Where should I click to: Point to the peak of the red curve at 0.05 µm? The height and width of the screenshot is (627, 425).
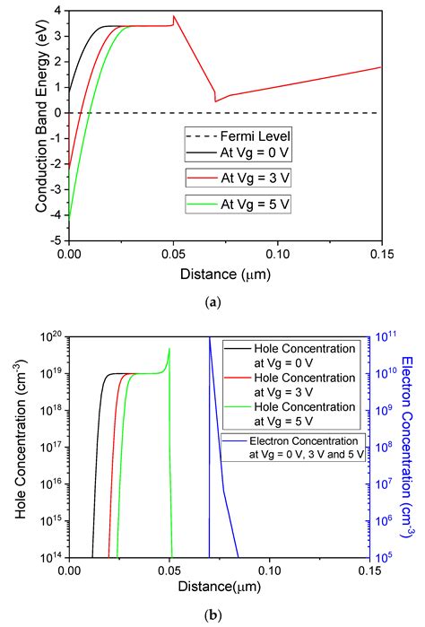click(x=174, y=16)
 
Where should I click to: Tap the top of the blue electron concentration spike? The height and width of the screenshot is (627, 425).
click(x=210, y=338)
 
